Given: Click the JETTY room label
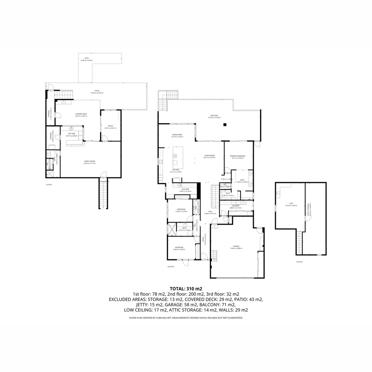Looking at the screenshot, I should (86, 58).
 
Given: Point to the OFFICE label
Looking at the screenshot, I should (111, 126).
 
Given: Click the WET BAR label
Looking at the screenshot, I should (72, 134).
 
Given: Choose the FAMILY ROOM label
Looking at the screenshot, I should (90, 161).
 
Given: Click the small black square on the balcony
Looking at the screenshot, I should (225, 124).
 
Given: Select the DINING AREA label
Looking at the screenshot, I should (177, 135).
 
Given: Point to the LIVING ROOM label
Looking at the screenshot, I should (209, 156).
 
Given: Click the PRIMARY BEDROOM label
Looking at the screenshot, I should (238, 156).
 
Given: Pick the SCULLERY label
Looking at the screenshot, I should (185, 189).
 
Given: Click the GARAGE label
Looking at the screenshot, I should (236, 246).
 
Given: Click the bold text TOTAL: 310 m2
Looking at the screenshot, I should (186, 288).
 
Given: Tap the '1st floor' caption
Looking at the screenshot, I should (49, 185).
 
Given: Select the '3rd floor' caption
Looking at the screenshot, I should (299, 261).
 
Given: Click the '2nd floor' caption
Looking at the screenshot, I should (171, 267).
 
